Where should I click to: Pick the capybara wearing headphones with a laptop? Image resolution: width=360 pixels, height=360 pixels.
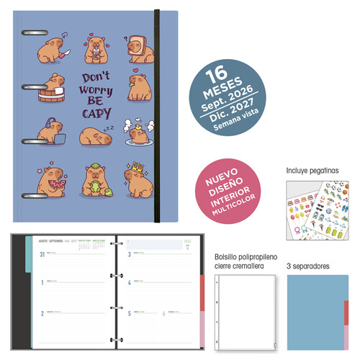[52, 130]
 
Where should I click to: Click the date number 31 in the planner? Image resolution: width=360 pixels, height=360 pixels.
[42, 255]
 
